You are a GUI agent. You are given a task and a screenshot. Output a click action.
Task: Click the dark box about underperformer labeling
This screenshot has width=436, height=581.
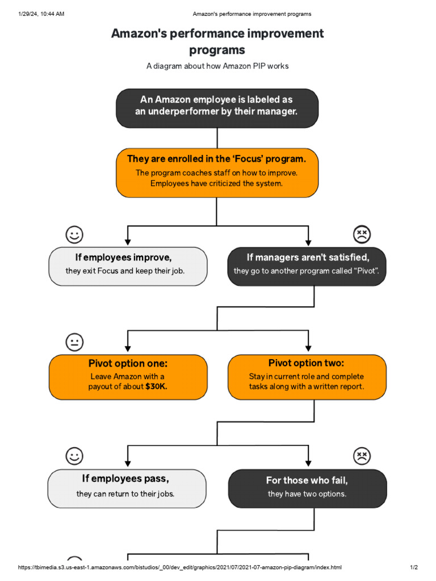217,108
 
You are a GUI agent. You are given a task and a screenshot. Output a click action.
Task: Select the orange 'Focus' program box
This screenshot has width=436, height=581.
217,172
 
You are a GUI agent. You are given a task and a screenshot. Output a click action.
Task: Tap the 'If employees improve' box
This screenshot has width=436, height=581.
128,266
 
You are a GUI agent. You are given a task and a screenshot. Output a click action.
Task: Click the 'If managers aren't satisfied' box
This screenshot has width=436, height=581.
307,266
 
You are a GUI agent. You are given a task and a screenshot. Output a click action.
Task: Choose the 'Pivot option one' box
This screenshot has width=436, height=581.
128,377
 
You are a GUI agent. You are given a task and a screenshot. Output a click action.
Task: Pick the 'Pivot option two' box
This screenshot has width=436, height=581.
307,377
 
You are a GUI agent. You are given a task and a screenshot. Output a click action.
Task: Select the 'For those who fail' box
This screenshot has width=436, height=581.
307,488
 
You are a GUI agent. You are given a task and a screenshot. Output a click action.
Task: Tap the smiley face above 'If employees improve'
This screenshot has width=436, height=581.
74,234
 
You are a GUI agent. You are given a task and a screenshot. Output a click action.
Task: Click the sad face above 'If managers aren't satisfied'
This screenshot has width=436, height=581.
362,234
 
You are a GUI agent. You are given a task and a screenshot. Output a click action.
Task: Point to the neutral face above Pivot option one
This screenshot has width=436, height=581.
74,342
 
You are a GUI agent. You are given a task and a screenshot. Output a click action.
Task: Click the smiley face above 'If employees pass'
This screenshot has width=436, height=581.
74,456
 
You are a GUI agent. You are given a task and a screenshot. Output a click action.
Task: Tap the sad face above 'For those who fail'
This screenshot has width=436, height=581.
362,456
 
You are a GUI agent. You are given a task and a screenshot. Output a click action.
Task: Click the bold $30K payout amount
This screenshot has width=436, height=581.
156,387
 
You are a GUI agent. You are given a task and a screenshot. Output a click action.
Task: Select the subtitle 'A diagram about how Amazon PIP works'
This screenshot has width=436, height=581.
217,66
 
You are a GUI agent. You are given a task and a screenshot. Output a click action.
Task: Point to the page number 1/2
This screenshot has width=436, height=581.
414,567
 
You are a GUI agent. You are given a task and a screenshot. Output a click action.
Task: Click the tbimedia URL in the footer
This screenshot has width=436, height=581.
180,567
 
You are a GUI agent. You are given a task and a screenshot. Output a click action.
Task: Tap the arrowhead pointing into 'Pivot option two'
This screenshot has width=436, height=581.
308,349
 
